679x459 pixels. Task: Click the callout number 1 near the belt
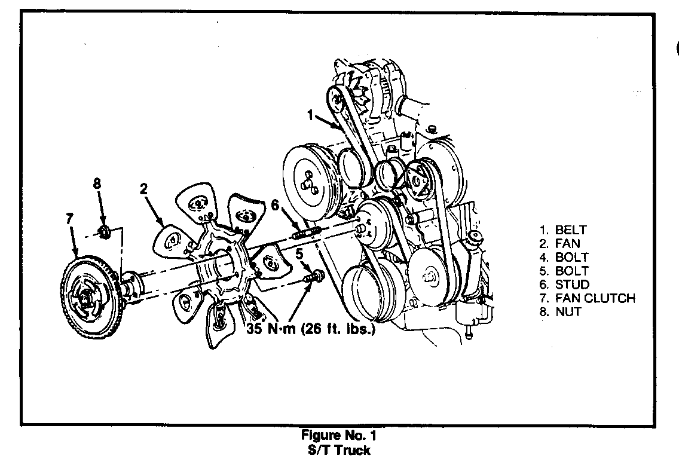(310, 114)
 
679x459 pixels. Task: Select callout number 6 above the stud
(275, 205)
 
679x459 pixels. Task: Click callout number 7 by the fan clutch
(69, 218)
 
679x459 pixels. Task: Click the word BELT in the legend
(571, 229)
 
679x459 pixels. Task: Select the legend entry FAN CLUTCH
(595, 298)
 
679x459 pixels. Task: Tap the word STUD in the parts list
(572, 284)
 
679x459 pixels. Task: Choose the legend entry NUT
(568, 311)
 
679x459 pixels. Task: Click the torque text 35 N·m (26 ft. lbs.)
(311, 329)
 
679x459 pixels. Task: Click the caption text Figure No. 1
(339, 436)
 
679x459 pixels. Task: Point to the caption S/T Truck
(339, 450)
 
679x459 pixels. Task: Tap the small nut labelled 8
(104, 231)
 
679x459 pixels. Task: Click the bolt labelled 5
(314, 276)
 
